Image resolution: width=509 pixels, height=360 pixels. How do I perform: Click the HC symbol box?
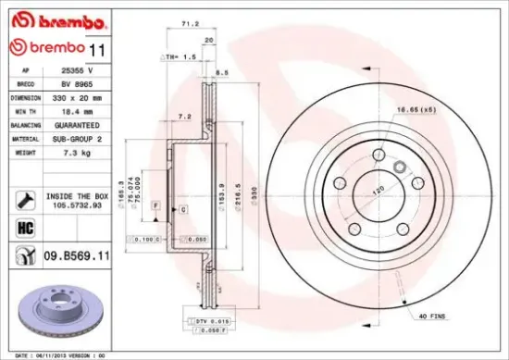coord(26,226)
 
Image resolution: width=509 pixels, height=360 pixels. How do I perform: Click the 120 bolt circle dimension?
coord(378,189)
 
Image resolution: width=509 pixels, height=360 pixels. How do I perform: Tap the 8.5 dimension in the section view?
coord(222,71)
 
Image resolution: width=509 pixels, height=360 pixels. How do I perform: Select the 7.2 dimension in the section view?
coord(184,118)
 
